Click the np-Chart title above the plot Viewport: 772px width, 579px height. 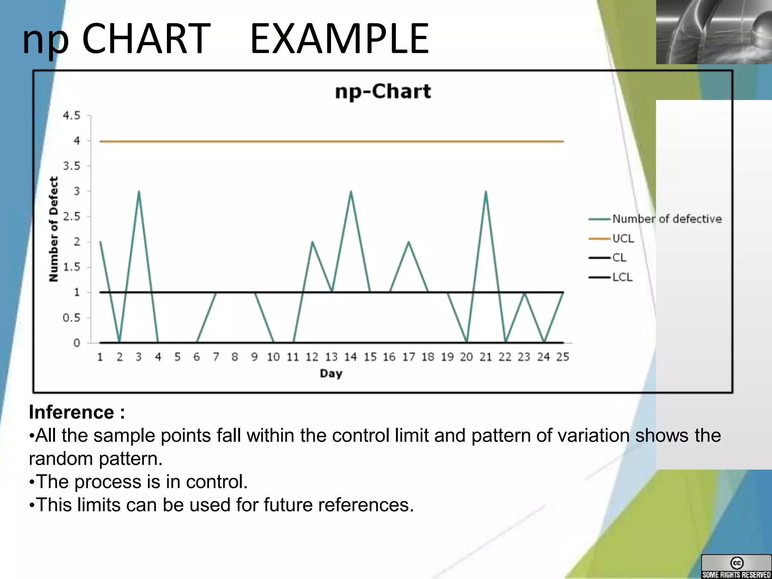[x=383, y=92]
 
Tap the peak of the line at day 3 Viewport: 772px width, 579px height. [x=139, y=192]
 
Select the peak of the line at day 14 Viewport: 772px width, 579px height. [x=351, y=192]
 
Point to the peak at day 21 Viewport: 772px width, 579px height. [x=486, y=192]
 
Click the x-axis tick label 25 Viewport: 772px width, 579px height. [x=562, y=357]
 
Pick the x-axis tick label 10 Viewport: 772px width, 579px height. [x=273, y=357]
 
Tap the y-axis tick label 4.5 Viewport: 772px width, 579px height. [x=72, y=115]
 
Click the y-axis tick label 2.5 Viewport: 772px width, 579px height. [x=72, y=216]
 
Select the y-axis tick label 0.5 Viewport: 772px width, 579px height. [x=72, y=318]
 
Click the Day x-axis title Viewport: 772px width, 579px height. [x=331, y=374]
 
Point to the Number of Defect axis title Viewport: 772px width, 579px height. [x=54, y=229]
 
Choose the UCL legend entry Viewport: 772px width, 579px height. [x=623, y=239]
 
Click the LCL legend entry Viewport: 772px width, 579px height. [x=622, y=277]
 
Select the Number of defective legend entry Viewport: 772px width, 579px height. [x=666, y=219]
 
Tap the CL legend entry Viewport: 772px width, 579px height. [x=619, y=258]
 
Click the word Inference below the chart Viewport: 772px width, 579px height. [x=72, y=412]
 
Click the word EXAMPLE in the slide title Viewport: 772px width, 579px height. [x=339, y=39]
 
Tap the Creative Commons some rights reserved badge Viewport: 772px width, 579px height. [x=736, y=567]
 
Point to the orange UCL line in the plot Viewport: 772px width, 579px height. [x=332, y=141]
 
